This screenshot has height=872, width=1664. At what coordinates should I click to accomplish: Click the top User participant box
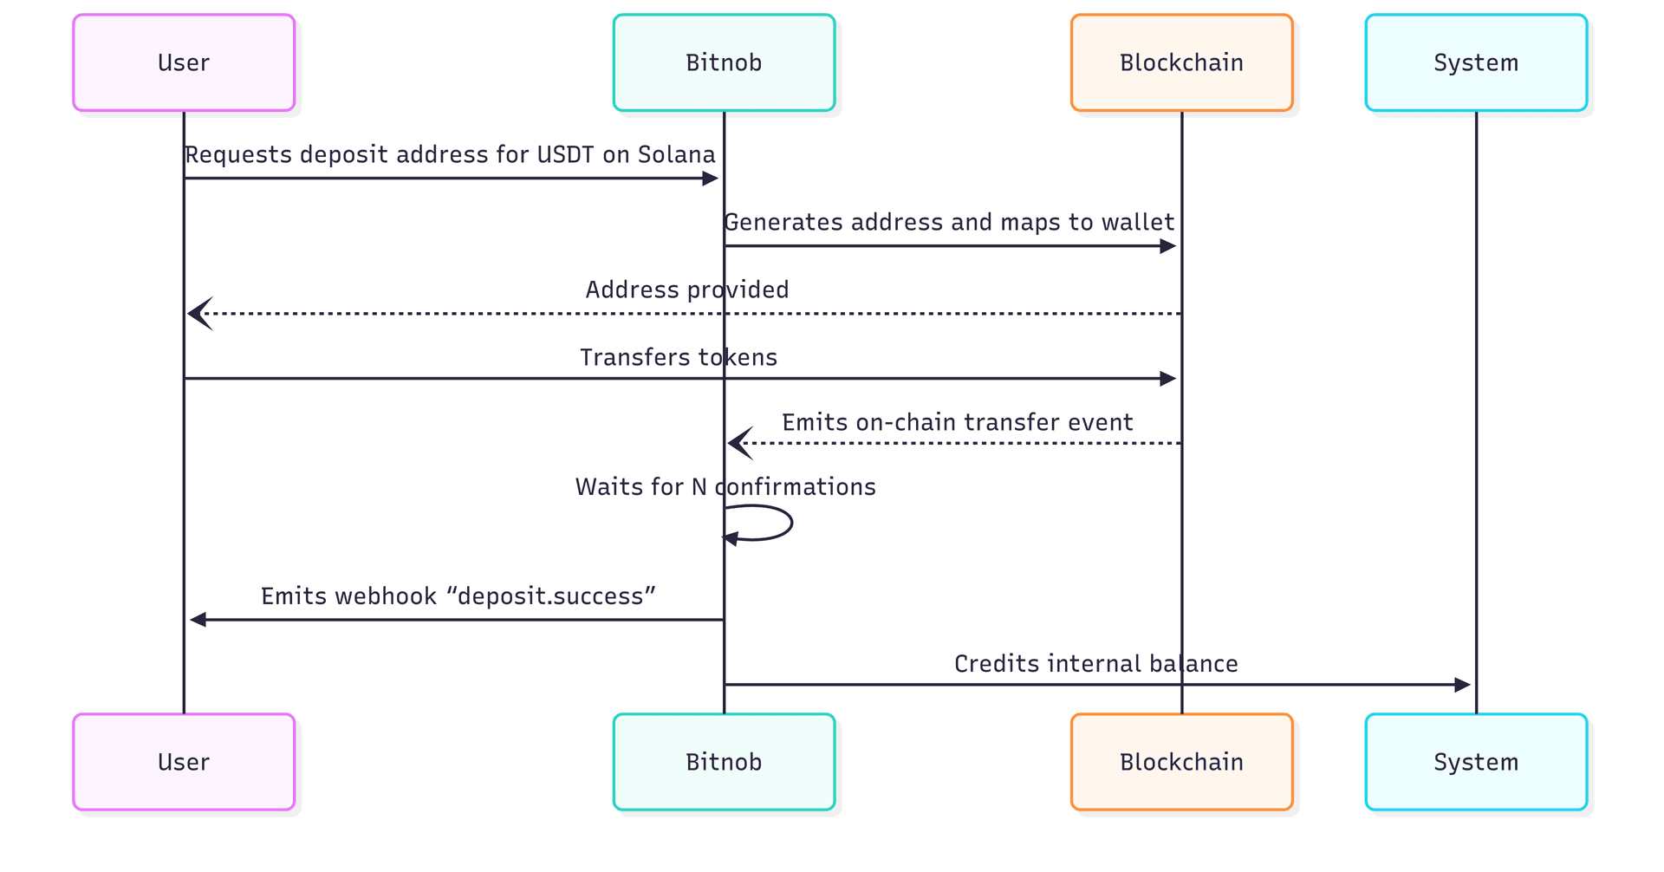[184, 62]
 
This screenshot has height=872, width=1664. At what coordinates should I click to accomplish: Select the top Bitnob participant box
[724, 62]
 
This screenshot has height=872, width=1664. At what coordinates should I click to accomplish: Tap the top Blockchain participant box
[1181, 62]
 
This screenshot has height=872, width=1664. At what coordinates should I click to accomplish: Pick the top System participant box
[1476, 62]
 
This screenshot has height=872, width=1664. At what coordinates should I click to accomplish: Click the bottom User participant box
[184, 762]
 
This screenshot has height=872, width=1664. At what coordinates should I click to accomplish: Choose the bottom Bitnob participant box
[724, 762]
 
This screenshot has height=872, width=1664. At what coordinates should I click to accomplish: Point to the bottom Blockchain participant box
[1181, 762]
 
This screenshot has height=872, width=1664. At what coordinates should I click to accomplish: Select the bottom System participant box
[1476, 762]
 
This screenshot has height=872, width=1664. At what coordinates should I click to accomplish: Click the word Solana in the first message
[676, 154]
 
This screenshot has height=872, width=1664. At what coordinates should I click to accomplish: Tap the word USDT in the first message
[565, 154]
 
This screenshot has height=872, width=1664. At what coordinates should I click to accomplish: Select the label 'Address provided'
[686, 290]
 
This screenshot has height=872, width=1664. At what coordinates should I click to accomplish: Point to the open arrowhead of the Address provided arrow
[199, 314]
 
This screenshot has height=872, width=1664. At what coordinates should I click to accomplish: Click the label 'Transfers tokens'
[678, 357]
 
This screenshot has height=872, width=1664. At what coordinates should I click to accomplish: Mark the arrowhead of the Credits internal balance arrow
[1462, 685]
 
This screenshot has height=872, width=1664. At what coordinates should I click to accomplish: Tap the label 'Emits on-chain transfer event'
[957, 422]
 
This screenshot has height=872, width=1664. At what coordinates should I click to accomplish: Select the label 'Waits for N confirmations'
[725, 487]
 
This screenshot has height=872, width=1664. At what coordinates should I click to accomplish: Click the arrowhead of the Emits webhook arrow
[198, 620]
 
